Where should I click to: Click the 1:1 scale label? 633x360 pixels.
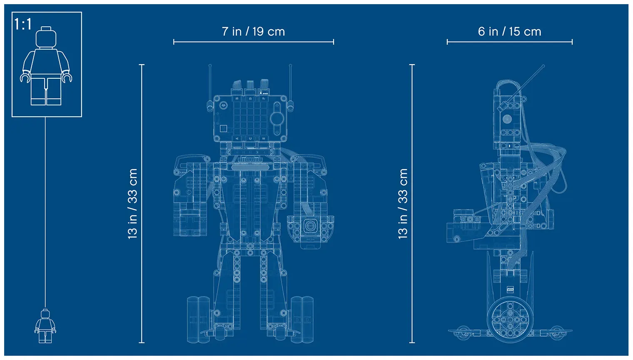[23, 24]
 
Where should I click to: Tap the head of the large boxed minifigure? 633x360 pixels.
[46, 37]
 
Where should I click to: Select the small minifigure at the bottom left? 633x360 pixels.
[45, 326]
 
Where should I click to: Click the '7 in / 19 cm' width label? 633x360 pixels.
[253, 32]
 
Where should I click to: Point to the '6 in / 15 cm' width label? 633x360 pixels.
[509, 32]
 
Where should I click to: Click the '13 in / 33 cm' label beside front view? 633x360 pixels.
[132, 203]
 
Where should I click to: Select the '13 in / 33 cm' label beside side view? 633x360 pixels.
[403, 203]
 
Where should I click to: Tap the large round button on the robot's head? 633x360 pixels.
[277, 119]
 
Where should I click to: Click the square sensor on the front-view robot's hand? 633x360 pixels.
[310, 227]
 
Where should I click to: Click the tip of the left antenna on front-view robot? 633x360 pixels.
[210, 65]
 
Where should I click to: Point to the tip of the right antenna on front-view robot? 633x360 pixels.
[290, 65]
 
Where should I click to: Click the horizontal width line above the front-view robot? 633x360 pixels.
[253, 42]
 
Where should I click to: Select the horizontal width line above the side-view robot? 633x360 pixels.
[509, 42]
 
